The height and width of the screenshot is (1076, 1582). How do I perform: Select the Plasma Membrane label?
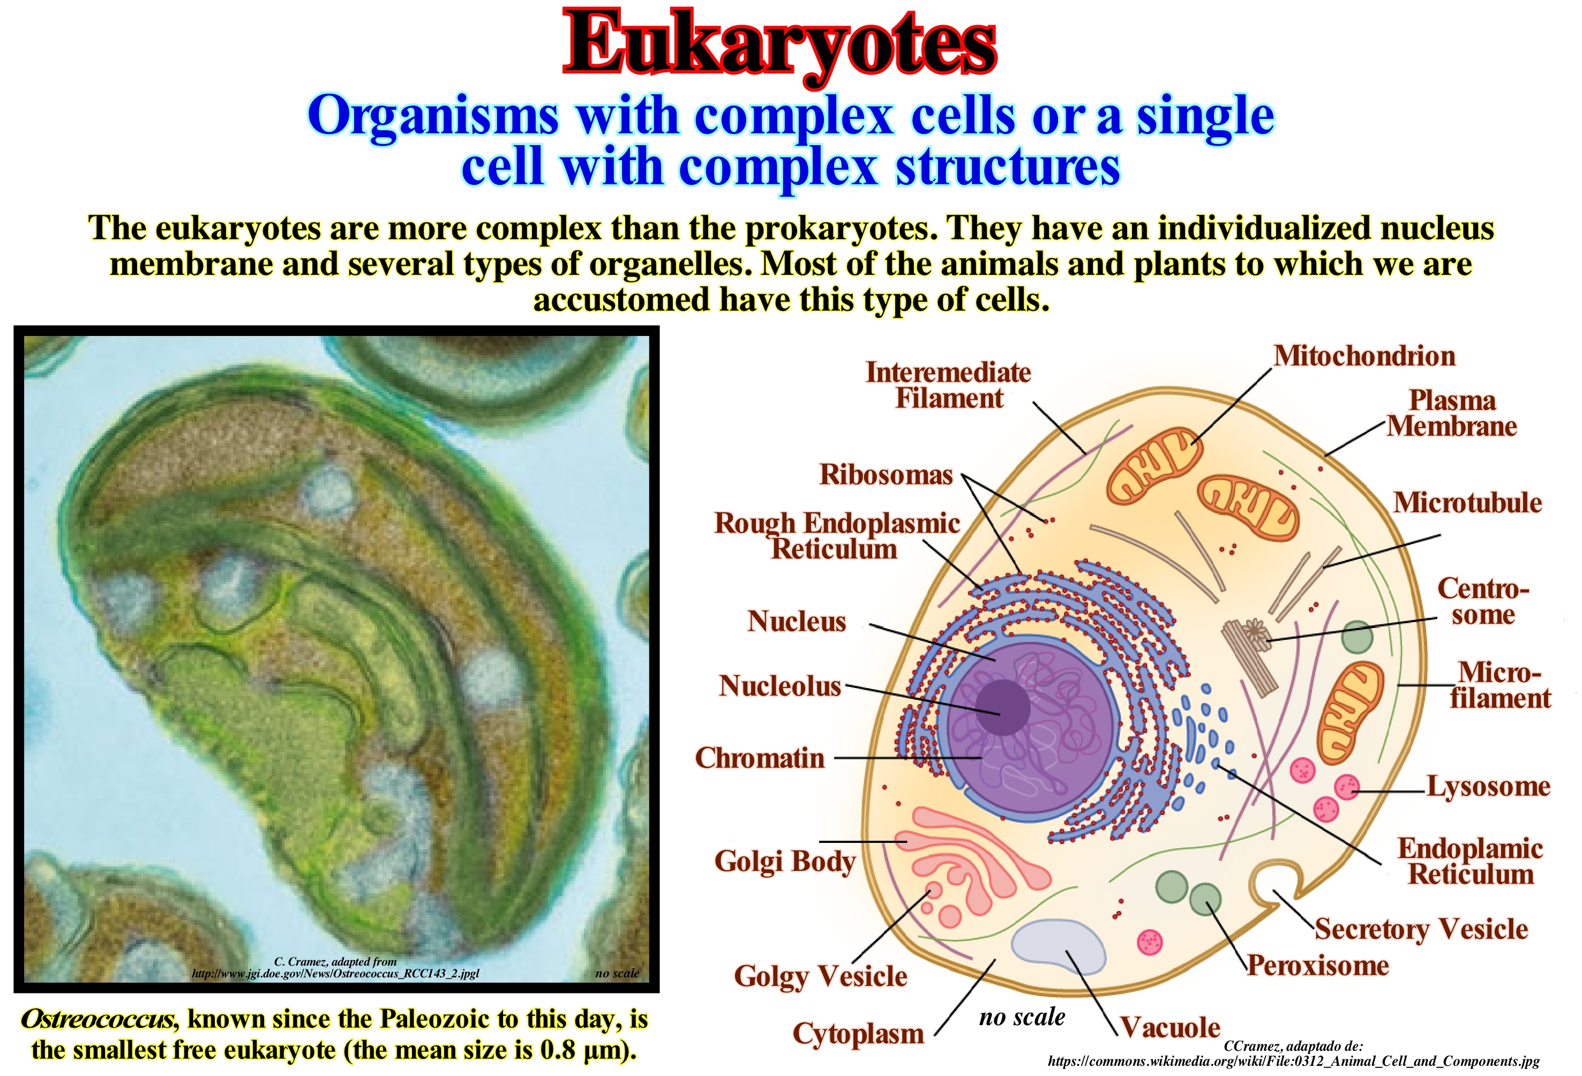tap(1452, 413)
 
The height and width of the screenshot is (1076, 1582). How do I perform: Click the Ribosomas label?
tap(886, 475)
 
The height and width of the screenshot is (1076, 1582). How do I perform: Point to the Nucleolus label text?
tap(780, 686)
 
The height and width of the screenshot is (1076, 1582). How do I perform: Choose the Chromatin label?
tap(760, 758)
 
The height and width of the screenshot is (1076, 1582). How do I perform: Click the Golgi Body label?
tap(785, 862)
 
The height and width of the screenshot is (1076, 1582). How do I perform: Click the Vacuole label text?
tap(1170, 1027)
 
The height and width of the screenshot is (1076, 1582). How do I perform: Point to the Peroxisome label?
tap(1318, 966)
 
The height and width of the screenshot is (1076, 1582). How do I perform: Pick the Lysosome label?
tap(1489, 787)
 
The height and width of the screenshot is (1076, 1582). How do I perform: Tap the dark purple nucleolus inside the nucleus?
tap(1003, 707)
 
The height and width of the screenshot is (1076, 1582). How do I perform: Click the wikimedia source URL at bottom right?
tap(1293, 1061)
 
